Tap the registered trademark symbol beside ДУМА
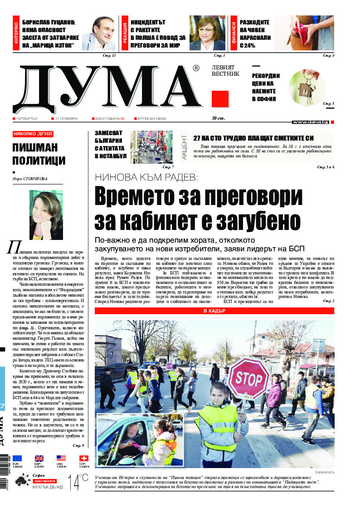pyautogui.click(x=196, y=68)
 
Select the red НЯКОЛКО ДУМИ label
pyautogui.click(x=33, y=134)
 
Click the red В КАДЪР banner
pyautogui.click(x=214, y=311)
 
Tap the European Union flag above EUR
pyautogui.click(x=17, y=458)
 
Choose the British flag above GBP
pyautogui.click(x=39, y=458)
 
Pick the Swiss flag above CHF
pyautogui.click(x=83, y=458)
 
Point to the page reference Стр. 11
pyautogui.click(x=110, y=55)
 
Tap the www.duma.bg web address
pyautogui.click(x=310, y=122)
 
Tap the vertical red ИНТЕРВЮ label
pyautogui.click(x=16, y=34)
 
